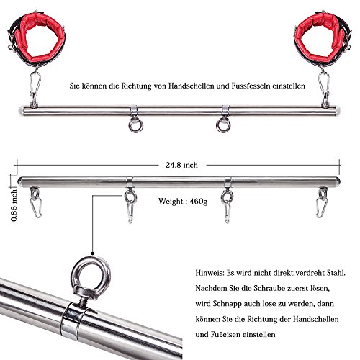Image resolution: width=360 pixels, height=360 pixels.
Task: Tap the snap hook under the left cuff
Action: [35, 85]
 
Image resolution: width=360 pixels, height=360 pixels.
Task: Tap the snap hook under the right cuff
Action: [324, 85]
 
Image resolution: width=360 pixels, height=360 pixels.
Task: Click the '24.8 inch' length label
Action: [181, 165]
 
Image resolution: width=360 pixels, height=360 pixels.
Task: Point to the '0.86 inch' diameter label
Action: [14, 205]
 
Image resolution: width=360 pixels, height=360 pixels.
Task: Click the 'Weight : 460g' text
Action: [183, 201]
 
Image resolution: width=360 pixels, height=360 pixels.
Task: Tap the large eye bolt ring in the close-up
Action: [74, 271]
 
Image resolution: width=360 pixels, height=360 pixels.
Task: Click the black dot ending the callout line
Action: [92, 253]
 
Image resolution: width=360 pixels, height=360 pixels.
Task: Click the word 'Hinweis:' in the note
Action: [210, 273]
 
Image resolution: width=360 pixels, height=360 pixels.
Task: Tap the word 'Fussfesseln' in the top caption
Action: [251, 86]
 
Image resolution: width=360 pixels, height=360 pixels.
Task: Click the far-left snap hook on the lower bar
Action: [35, 203]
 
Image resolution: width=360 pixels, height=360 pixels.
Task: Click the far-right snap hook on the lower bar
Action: [322, 203]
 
